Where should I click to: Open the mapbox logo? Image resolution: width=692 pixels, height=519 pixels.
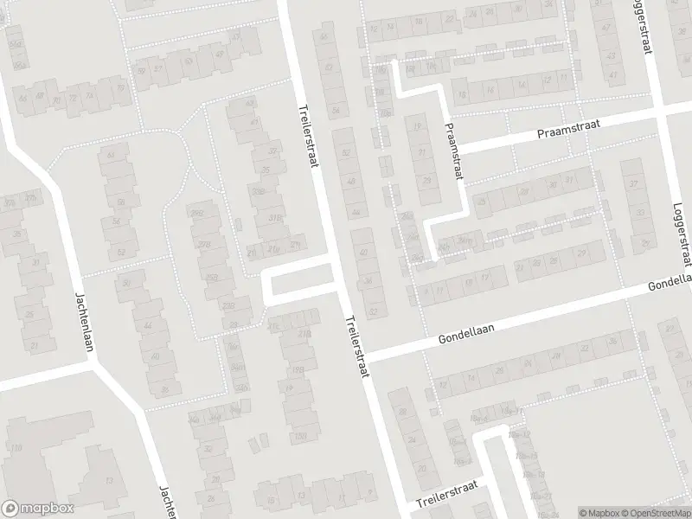tap(37, 508)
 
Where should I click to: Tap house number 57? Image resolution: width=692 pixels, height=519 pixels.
tap(157, 68)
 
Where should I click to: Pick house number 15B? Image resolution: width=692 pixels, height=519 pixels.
tap(301, 435)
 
